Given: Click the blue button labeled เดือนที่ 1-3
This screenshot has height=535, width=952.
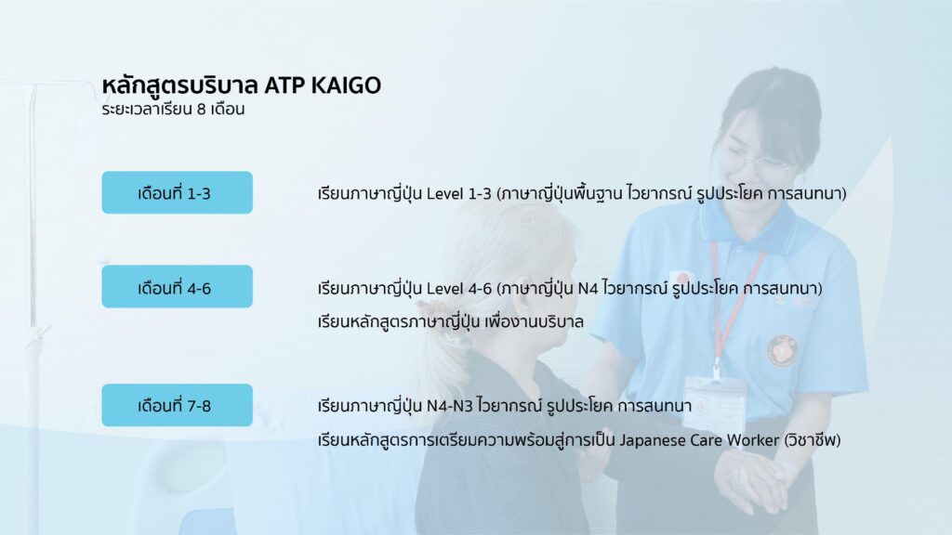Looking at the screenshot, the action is [177, 192].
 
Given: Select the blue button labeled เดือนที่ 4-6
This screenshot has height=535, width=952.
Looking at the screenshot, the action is [177, 286].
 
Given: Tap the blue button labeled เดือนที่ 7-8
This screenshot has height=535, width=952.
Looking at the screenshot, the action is [177, 405].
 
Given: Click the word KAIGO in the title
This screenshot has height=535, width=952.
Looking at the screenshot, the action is [346, 85].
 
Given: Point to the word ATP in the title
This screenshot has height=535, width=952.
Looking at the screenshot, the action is [284, 85].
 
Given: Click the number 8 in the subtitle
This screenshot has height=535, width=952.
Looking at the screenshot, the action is [201, 110].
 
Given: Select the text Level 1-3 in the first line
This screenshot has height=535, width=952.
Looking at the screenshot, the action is [458, 193].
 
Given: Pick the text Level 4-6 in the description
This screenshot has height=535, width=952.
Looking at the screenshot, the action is [458, 288].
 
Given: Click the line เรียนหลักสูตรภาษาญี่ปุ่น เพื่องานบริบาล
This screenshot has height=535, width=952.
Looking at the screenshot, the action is [451, 321].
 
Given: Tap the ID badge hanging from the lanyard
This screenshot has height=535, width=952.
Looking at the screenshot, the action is [715, 398].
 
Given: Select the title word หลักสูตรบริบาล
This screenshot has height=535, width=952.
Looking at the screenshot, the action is [180, 85].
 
